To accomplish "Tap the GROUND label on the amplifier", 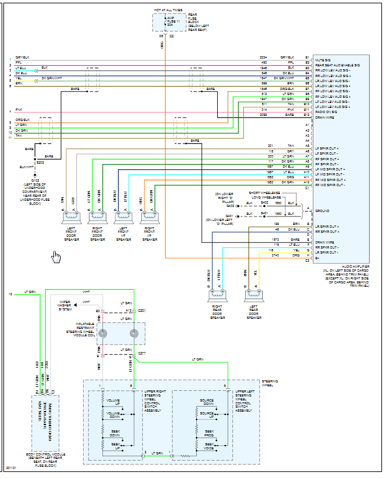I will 322,210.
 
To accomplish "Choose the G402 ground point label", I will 230,206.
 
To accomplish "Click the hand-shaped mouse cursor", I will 56,257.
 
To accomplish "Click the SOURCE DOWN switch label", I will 206,403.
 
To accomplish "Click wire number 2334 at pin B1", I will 263,57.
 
